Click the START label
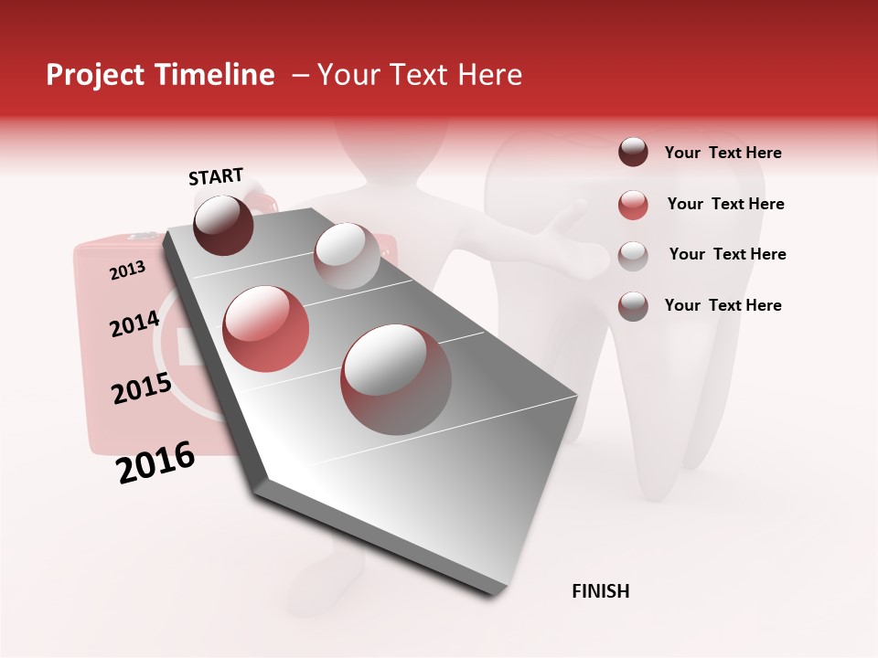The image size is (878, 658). pos(216,176)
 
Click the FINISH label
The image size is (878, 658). pos(600,591)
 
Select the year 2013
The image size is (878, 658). pos(127,271)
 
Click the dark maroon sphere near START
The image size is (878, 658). pos(223,225)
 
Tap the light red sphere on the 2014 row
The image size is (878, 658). pos(266,329)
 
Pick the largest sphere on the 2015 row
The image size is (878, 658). pos(396,379)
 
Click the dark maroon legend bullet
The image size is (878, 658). pos(633,152)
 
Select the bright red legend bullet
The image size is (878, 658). pos(633,205)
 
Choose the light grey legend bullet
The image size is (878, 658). pos(633,255)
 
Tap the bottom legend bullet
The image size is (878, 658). pos(633,306)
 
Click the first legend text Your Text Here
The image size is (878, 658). pos(723,153)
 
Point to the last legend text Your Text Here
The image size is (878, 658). pos(723,305)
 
